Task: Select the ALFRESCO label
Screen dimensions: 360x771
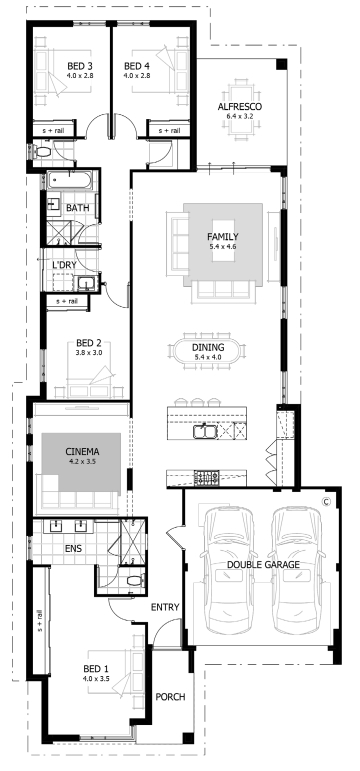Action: (240, 107)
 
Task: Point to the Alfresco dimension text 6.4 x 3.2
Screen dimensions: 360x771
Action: (240, 116)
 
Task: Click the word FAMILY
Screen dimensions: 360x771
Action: (222, 237)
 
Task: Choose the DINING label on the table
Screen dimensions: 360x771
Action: (208, 348)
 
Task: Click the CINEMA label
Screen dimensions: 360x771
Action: (82, 451)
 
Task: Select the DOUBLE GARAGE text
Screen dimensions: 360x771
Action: (263, 565)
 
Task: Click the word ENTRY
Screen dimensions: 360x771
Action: (165, 607)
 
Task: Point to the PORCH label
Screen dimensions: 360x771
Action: (170, 697)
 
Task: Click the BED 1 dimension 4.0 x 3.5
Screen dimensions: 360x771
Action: (96, 679)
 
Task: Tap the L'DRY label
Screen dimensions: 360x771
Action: (64, 265)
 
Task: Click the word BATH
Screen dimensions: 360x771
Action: (78, 208)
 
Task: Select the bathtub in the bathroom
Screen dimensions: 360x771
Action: (70, 180)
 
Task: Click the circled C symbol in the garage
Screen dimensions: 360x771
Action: (325, 502)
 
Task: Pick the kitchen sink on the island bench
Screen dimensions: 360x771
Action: (204, 431)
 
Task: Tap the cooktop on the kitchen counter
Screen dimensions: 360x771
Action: (207, 477)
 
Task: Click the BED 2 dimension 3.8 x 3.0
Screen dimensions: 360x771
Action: (89, 353)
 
